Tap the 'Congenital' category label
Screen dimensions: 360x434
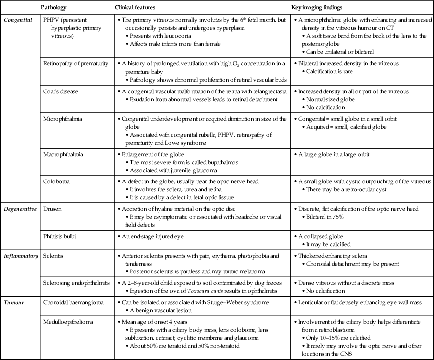tap(18, 20)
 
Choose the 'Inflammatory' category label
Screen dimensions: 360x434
tap(21, 255)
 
